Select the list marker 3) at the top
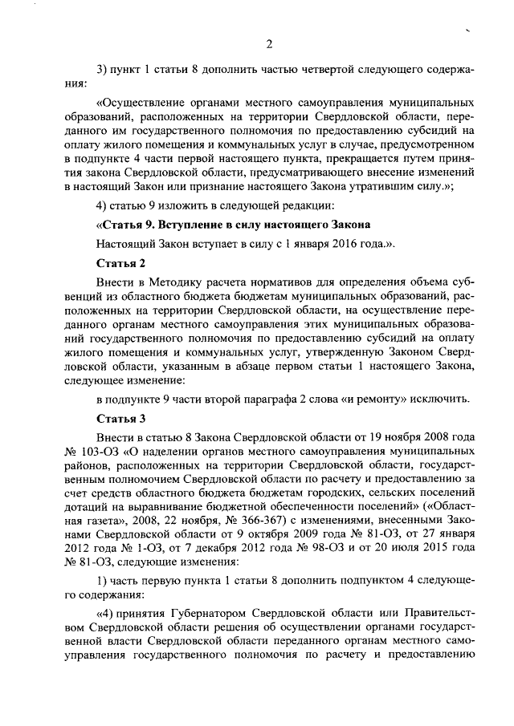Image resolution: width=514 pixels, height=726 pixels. click(101, 69)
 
